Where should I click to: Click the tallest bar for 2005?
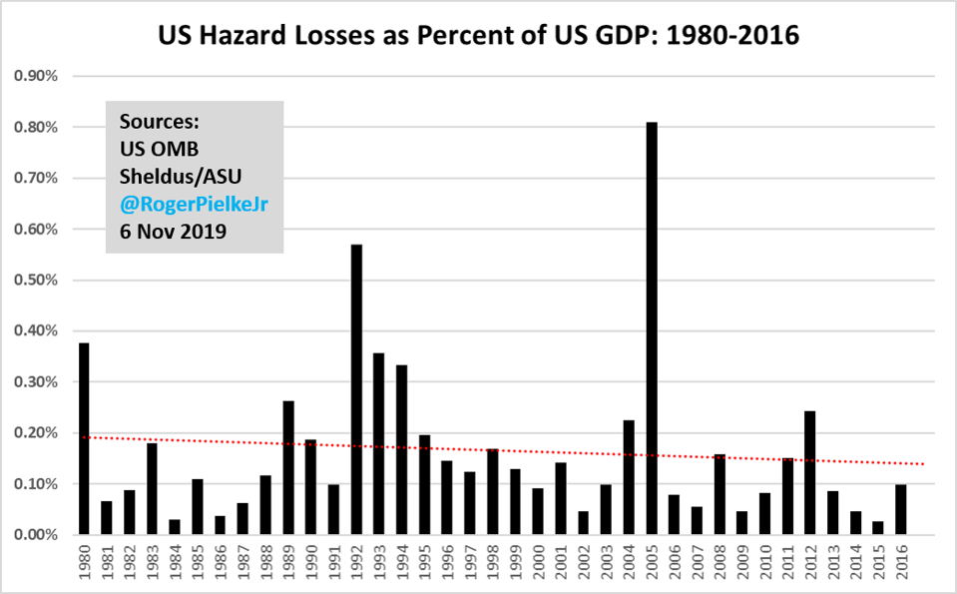651,329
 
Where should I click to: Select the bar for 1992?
356,389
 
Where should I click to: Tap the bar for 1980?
84,439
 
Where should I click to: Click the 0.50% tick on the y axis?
38,280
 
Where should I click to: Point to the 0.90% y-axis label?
38,76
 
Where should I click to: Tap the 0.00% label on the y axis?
38,535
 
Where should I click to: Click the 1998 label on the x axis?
493,561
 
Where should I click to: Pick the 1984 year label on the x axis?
175,561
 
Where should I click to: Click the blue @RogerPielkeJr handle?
195,204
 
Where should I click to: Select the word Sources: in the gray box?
160,122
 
